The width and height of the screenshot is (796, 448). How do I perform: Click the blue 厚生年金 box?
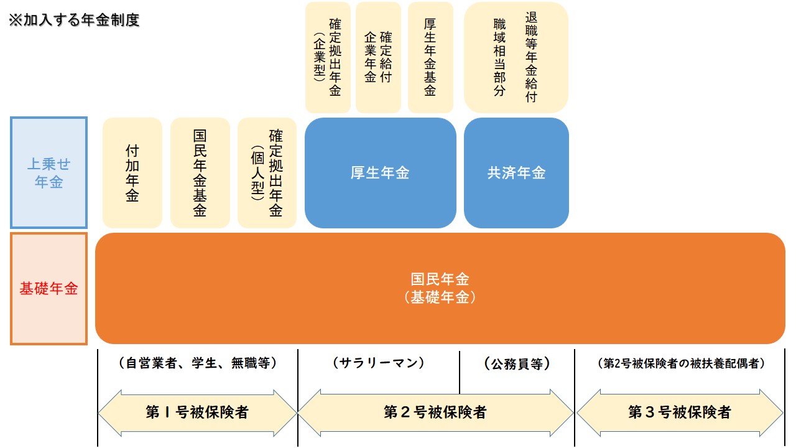(380, 173)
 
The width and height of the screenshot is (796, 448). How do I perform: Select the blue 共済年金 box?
(516, 173)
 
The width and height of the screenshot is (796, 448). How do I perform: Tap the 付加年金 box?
(132, 173)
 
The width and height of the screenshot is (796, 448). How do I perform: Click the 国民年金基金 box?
(200, 173)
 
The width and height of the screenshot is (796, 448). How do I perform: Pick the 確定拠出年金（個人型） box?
(267, 173)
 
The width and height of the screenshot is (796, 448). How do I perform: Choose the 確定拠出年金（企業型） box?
(328, 57)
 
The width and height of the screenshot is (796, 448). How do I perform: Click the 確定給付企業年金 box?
(378, 57)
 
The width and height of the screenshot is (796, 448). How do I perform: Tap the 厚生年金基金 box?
(430, 57)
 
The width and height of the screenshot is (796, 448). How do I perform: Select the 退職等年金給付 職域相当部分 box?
(516, 57)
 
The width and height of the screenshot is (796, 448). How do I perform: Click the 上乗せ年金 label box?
(49, 172)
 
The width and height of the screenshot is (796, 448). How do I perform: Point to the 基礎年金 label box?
(49, 289)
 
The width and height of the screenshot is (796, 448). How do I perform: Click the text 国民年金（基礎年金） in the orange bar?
(440, 288)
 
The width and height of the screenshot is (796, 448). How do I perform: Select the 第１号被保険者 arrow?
(197, 412)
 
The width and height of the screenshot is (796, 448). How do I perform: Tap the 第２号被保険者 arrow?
(435, 412)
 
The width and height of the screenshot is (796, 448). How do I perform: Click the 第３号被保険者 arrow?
(680, 412)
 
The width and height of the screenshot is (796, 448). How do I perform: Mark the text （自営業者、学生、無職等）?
(197, 363)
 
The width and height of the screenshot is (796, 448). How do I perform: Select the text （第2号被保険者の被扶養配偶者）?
(680, 364)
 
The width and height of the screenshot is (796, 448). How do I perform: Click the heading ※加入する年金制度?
(73, 20)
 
